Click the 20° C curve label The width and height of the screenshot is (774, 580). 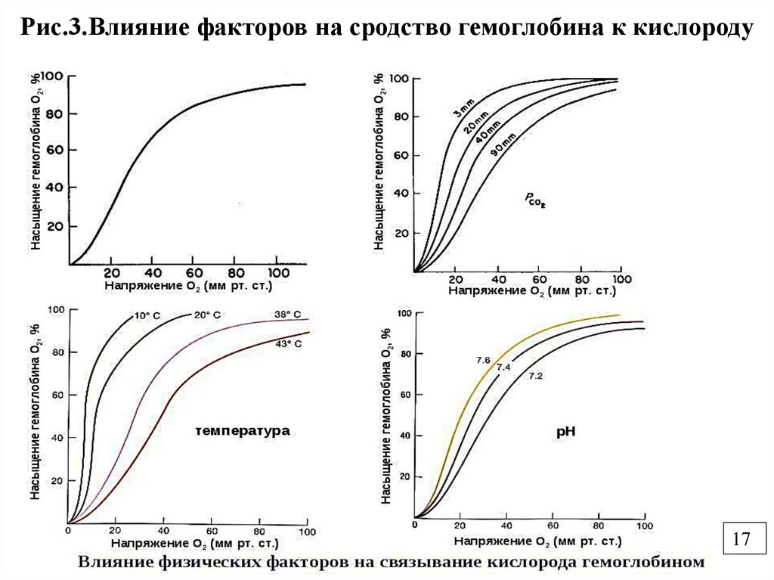click(x=208, y=315)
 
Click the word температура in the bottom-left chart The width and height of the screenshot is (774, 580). click(x=242, y=431)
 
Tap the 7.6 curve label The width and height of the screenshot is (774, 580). click(x=484, y=360)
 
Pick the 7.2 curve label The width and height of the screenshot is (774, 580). click(x=536, y=376)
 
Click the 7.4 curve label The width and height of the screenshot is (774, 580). click(x=504, y=367)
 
